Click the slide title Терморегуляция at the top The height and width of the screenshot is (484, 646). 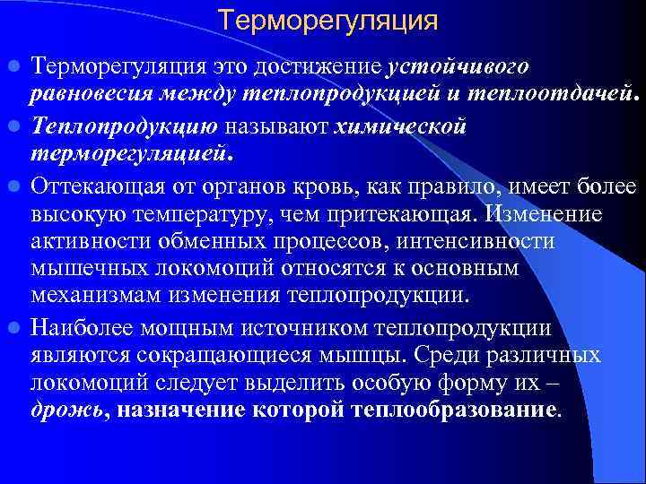pyautogui.click(x=328, y=20)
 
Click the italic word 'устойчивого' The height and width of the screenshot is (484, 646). pyautogui.click(x=458, y=68)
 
